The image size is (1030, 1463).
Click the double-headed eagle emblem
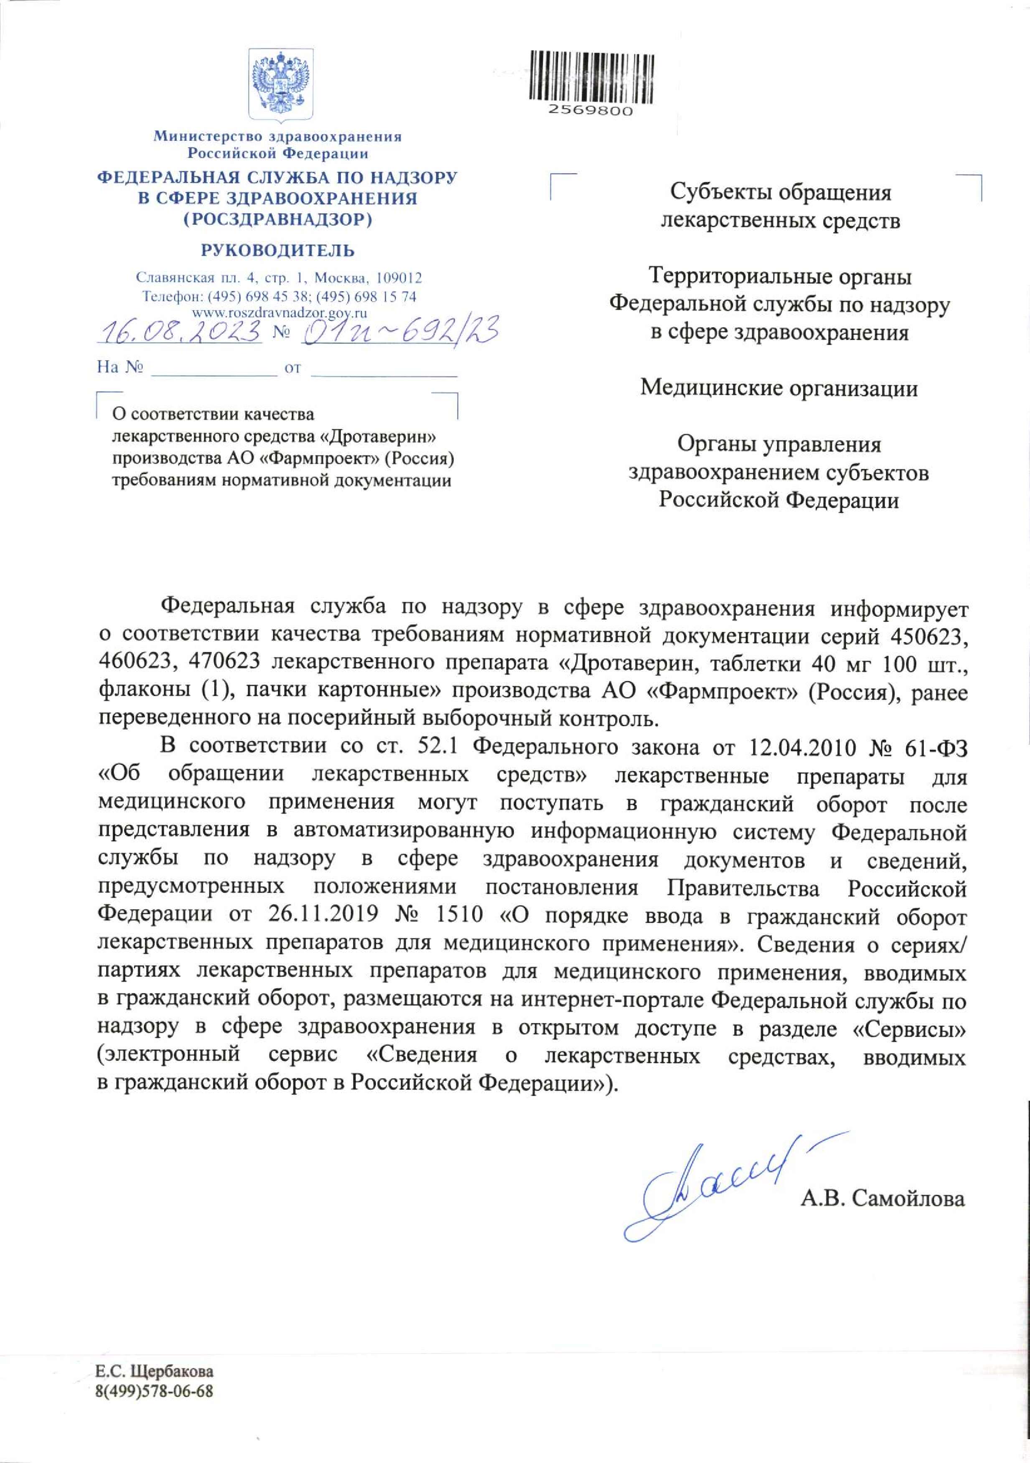(x=280, y=87)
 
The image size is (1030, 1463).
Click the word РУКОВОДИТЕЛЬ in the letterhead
(x=278, y=250)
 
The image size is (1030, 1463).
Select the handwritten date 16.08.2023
(x=181, y=330)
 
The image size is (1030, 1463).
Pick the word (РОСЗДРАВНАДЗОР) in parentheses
(x=278, y=220)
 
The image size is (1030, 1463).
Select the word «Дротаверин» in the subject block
(x=384, y=437)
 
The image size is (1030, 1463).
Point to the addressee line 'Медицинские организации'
(x=779, y=387)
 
